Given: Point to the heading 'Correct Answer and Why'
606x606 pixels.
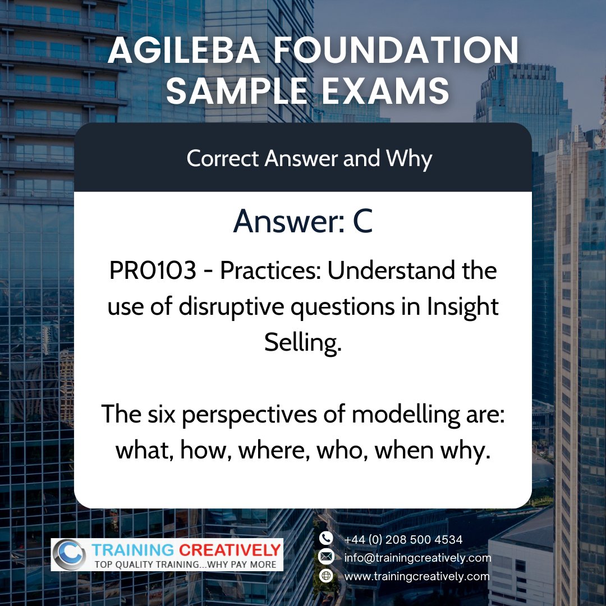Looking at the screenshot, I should [309, 159].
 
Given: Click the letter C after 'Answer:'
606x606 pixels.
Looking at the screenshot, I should [362, 221].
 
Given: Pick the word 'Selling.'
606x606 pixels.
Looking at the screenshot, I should [303, 343].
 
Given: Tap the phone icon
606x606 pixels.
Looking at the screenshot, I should [326, 538].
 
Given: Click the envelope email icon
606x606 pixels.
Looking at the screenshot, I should [326, 557].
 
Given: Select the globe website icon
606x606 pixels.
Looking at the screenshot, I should [326, 576].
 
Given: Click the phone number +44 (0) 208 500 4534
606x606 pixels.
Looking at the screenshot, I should [403, 539].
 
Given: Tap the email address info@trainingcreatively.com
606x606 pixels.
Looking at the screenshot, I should [417, 558].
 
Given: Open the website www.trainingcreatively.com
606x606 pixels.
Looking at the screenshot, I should [417, 576].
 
